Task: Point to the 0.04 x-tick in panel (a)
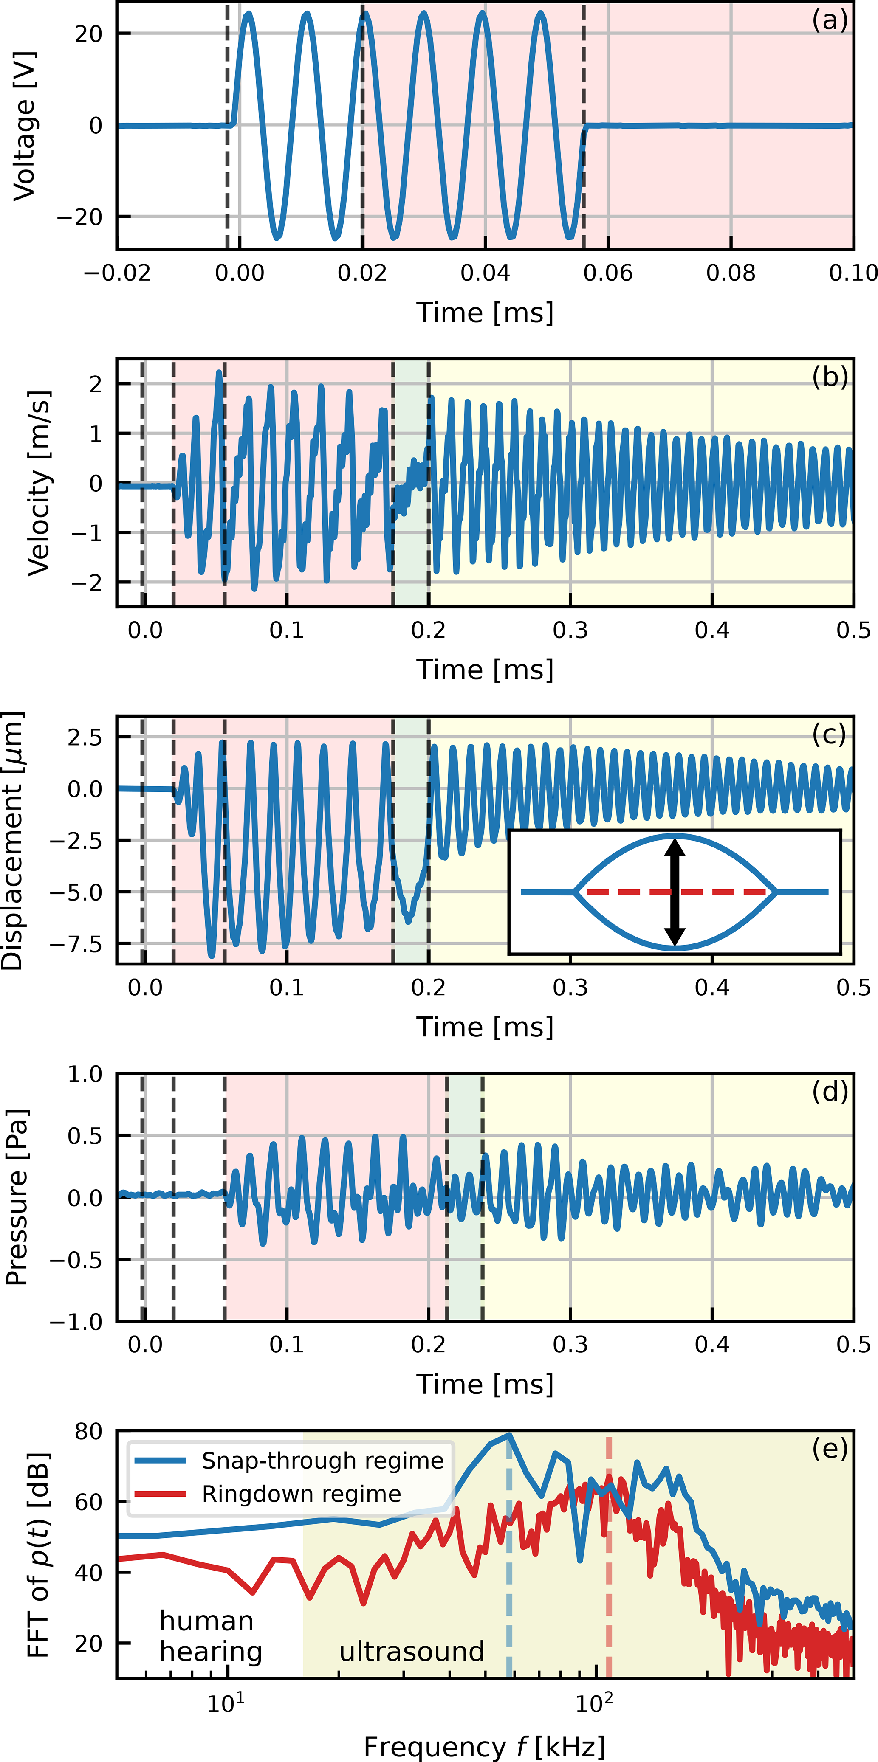(485, 273)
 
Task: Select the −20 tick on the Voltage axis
(79, 217)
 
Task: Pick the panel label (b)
(830, 377)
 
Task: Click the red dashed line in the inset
(630, 892)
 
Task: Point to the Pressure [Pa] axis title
(17, 1197)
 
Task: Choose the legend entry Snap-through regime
(322, 1461)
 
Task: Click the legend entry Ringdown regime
(301, 1494)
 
